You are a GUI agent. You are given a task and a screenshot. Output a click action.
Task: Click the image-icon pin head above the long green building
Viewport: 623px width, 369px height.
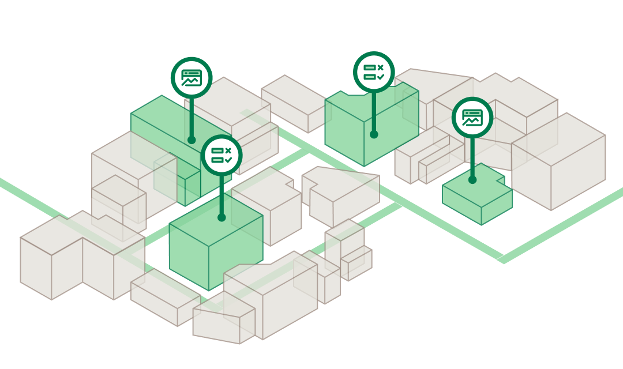[x=192, y=78]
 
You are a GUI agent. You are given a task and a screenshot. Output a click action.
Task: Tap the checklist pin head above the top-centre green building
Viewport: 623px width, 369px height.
[x=374, y=72]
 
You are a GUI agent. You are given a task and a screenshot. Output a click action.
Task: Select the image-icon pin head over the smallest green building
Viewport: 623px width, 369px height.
[x=472, y=118]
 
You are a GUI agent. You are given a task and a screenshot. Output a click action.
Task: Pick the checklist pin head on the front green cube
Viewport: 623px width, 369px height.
[x=222, y=155]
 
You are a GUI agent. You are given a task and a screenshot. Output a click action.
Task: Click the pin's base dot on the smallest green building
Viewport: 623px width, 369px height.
[x=472, y=180]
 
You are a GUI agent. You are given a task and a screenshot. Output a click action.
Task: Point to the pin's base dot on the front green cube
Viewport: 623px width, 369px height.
[x=222, y=217]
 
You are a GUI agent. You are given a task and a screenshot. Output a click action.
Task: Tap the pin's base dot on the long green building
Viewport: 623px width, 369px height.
[x=192, y=140]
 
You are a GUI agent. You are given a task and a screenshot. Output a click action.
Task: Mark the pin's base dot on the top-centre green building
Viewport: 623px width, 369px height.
[x=374, y=134]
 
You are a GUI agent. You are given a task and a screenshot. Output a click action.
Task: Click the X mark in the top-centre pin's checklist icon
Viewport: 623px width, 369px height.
[x=380, y=67]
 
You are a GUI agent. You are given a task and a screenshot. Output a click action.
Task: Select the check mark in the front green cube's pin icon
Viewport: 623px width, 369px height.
[x=228, y=160]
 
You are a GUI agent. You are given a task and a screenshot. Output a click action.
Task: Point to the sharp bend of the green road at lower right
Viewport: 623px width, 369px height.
[x=504, y=258]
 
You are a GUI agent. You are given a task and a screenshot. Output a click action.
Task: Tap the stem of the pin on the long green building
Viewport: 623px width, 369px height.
[x=192, y=118]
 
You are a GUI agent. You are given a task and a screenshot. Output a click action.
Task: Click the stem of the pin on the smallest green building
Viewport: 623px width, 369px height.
[x=472, y=159]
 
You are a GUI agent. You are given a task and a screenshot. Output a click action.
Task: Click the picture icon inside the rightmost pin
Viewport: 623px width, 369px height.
[x=472, y=118]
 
